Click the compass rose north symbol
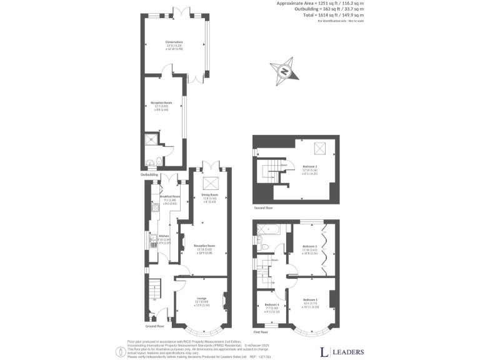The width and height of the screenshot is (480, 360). [x=285, y=70]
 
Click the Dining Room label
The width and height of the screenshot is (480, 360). [x=209, y=195]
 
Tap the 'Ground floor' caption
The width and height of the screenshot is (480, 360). [x=156, y=326]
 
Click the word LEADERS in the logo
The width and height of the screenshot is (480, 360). [x=347, y=352]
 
